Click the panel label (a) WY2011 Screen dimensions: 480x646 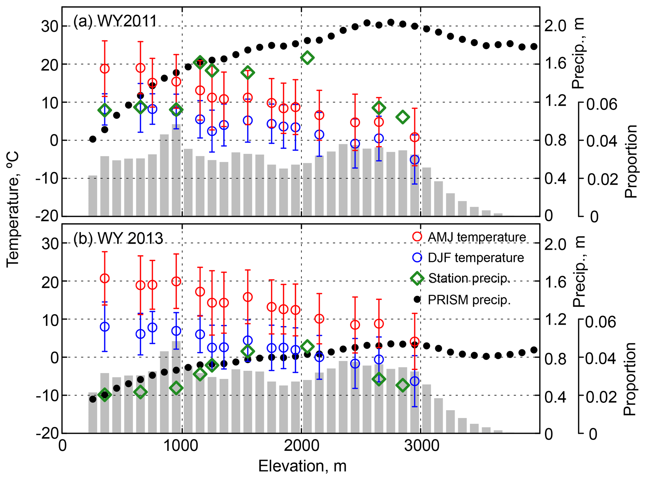coord(115,21)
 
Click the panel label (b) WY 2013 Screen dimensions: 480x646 coord(118,238)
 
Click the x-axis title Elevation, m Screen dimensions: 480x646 coord(302,466)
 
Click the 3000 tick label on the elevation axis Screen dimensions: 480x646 coord(421,446)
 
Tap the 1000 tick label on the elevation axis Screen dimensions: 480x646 coord(182,446)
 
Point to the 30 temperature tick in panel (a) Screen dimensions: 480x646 coord(50,26)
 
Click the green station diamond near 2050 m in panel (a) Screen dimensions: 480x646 coord(307,58)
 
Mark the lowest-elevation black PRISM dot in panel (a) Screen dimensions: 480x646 coord(93,139)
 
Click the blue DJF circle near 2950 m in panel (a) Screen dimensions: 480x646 coord(415,160)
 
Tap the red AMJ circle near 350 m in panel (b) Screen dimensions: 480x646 coord(105,278)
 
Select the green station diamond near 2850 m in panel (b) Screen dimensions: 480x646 coord(403,385)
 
